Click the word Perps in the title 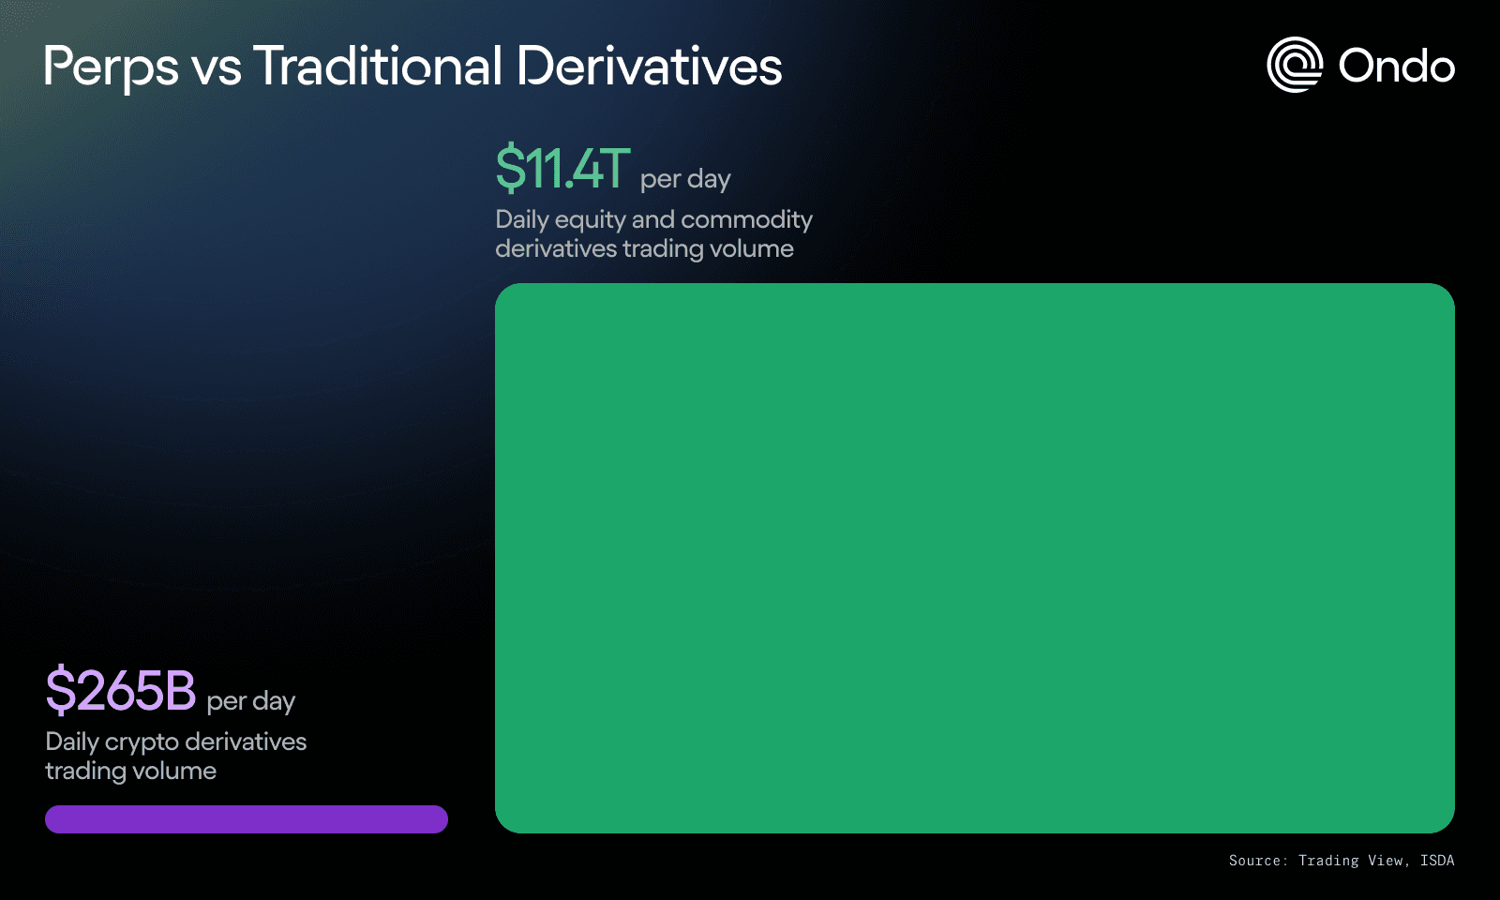pos(112,67)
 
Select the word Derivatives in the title pos(649,66)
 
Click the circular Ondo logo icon pos(1295,65)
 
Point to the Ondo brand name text pos(1396,67)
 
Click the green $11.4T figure pos(562,168)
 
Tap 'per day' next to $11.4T pos(685,179)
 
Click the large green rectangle pos(974,558)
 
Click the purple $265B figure pos(121,690)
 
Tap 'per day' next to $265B pos(251,702)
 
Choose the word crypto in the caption pos(142,742)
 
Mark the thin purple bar pos(247,819)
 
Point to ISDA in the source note pos(1437,861)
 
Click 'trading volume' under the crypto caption pos(131,772)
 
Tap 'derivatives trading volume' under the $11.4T pos(644,249)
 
